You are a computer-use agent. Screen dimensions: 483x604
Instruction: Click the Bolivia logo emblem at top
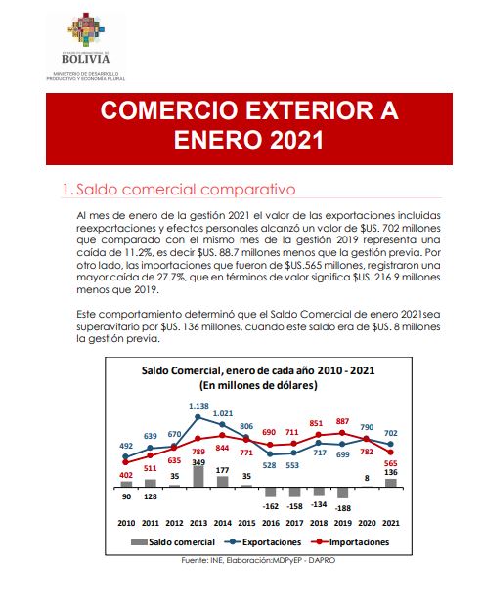(86, 29)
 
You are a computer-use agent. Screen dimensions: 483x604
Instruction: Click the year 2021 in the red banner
(296, 140)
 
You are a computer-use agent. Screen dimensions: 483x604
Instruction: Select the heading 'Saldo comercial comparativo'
(186, 190)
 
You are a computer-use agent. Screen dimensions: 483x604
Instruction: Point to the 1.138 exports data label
(198, 406)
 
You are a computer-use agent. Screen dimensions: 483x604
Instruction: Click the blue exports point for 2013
(198, 416)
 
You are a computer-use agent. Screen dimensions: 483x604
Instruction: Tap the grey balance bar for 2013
(198, 477)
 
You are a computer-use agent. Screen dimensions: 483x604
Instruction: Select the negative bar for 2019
(342, 493)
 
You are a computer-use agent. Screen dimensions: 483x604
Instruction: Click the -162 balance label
(270, 506)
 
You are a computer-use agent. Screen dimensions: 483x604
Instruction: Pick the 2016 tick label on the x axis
(271, 523)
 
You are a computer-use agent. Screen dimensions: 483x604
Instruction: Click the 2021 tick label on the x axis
(391, 523)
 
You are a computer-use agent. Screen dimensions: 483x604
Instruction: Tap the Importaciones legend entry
(350, 542)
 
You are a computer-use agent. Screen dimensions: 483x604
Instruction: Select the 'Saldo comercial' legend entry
(173, 542)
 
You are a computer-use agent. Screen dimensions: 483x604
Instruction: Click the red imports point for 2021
(390, 453)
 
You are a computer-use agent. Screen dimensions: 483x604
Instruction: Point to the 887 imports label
(342, 421)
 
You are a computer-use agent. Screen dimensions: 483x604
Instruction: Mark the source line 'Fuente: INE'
(202, 560)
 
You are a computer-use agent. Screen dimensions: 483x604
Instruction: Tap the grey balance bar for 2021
(391, 484)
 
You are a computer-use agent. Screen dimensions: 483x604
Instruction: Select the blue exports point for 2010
(125, 456)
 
